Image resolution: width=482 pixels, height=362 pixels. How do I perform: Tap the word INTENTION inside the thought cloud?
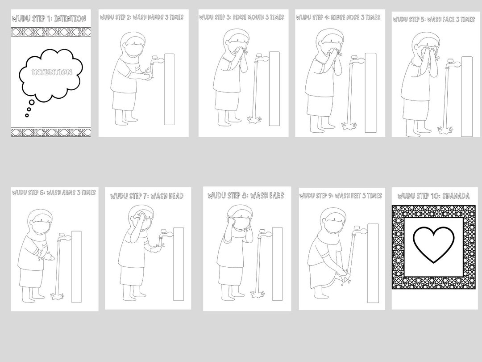(x=52, y=72)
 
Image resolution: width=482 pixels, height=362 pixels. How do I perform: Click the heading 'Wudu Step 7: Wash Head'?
(x=147, y=196)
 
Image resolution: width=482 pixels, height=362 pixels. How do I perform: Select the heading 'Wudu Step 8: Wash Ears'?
(x=245, y=195)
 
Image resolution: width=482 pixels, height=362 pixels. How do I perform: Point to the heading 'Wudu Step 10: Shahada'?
(x=433, y=196)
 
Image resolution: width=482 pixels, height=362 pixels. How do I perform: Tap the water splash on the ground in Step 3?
(x=254, y=120)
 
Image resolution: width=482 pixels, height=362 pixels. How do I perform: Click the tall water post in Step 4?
(x=371, y=93)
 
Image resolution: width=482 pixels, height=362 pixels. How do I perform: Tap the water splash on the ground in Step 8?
(x=257, y=295)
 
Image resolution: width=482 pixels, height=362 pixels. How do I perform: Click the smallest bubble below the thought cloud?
(x=27, y=115)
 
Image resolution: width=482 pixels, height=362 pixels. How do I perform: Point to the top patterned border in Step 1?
(x=51, y=32)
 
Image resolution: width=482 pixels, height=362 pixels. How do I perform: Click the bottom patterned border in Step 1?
(x=51, y=132)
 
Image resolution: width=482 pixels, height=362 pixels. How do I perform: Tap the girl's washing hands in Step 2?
(x=148, y=76)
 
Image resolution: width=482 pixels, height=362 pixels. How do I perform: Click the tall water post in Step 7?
(x=179, y=264)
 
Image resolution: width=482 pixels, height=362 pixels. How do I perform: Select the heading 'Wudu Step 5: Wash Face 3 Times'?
(x=434, y=19)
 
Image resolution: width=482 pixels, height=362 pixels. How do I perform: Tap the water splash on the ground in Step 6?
(x=57, y=296)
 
